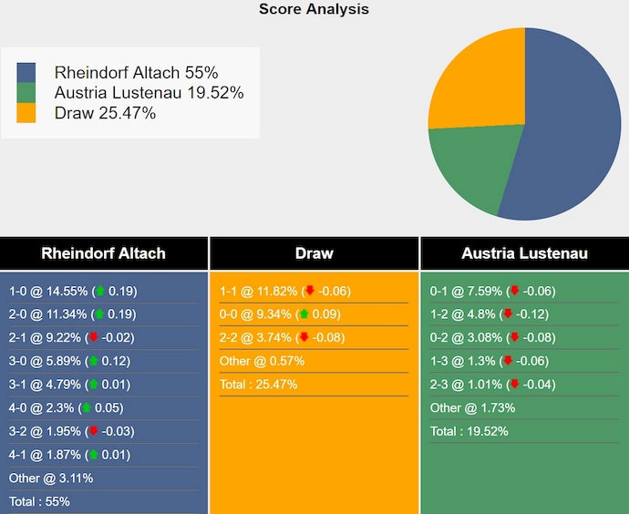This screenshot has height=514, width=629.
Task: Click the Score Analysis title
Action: [x=314, y=9]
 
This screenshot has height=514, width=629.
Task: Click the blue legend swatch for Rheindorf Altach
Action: [x=26, y=73]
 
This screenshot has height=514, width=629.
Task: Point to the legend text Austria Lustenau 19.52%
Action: [x=149, y=93]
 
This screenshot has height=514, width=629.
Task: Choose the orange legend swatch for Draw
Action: [x=26, y=113]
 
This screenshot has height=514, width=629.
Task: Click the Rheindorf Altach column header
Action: [x=104, y=253]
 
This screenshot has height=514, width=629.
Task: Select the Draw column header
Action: [x=314, y=253]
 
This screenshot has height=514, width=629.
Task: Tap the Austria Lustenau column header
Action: [x=524, y=253]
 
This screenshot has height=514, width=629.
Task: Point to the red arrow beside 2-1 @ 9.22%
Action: [x=93, y=338]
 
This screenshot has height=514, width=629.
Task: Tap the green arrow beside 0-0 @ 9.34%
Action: [x=304, y=314]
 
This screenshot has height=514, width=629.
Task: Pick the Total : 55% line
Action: [x=39, y=501]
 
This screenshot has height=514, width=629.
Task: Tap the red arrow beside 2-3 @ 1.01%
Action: [x=507, y=385]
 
